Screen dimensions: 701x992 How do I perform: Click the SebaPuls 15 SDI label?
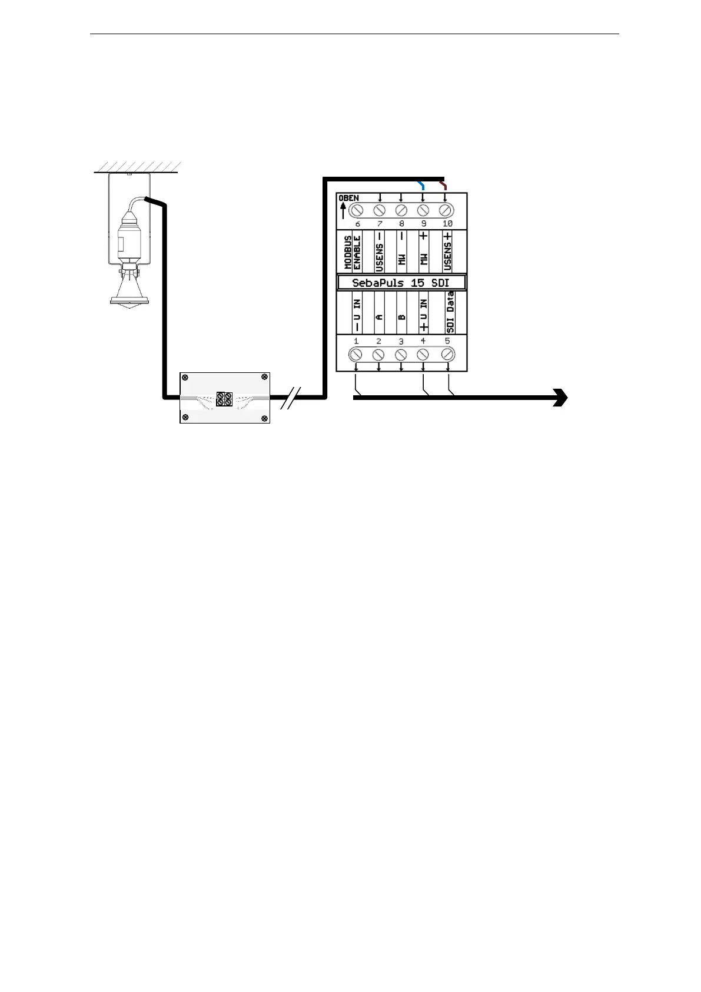[401, 283]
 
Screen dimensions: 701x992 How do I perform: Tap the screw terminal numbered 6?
[357, 209]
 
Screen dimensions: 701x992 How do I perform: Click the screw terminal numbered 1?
[356, 355]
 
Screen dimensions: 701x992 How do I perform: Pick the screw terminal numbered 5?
[447, 355]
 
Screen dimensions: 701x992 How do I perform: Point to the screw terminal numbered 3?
[401, 355]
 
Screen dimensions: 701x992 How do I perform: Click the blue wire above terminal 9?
[421, 186]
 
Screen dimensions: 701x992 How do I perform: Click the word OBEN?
[348, 198]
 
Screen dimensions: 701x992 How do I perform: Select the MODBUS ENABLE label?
[352, 253]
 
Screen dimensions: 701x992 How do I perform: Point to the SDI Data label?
[450, 313]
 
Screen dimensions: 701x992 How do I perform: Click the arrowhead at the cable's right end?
[560, 398]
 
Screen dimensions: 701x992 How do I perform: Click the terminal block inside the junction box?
[224, 399]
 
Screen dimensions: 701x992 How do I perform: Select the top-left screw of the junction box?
[185, 378]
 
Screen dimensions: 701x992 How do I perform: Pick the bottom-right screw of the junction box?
[264, 418]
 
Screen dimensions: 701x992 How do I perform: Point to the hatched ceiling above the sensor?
[137, 167]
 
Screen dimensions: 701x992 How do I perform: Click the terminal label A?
[379, 316]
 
